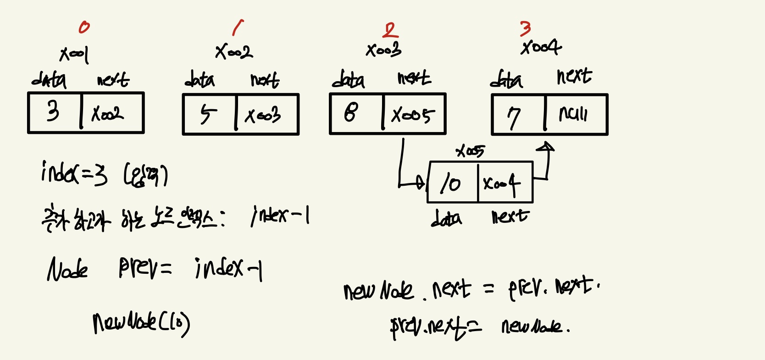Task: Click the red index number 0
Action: coord(84,28)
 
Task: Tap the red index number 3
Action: coord(526,28)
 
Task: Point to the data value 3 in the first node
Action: coord(53,111)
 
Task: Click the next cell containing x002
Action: coord(108,113)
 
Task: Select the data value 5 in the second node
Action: coord(208,114)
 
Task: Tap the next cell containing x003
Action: coord(263,115)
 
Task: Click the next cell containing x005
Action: coord(412,115)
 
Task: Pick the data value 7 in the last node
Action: coord(514,117)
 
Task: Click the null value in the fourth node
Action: coord(573,114)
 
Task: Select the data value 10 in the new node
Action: coord(450,183)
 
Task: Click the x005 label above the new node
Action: coord(470,151)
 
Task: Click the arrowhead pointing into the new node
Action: coord(420,182)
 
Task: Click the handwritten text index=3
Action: coord(74,173)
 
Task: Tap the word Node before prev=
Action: coord(67,269)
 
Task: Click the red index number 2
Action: coord(390,30)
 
